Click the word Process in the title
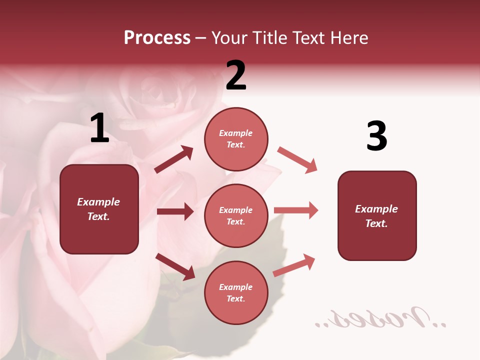point(157,38)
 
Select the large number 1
point(99,128)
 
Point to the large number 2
point(236,75)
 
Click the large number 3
point(376,136)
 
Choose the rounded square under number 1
point(99,209)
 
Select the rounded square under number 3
point(377,215)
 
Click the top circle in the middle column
point(236,139)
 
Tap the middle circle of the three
point(236,215)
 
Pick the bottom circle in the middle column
point(236,292)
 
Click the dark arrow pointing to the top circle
point(174,159)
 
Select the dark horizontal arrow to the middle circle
point(175,211)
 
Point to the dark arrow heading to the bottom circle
point(175,266)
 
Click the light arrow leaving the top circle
point(297,160)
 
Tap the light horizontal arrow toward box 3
point(296,210)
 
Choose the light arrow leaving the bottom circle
point(294,265)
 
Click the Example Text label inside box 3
point(376,216)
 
